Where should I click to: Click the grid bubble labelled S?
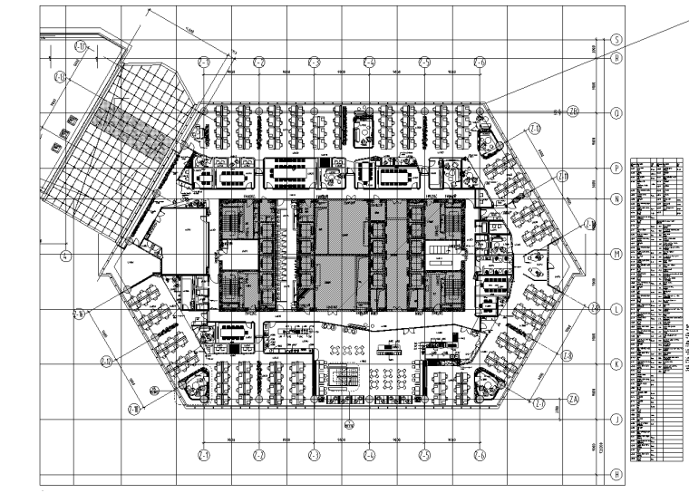coord(616,41)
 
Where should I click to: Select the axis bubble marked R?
coord(616,57)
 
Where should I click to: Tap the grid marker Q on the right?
coord(616,113)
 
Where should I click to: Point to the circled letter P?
coord(616,168)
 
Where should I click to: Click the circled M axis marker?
coord(616,255)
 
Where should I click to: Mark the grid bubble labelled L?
coord(616,309)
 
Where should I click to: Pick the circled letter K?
coord(616,364)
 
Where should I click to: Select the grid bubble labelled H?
coord(616,474)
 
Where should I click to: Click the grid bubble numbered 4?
coord(65,256)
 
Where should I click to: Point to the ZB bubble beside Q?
coord(573,113)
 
